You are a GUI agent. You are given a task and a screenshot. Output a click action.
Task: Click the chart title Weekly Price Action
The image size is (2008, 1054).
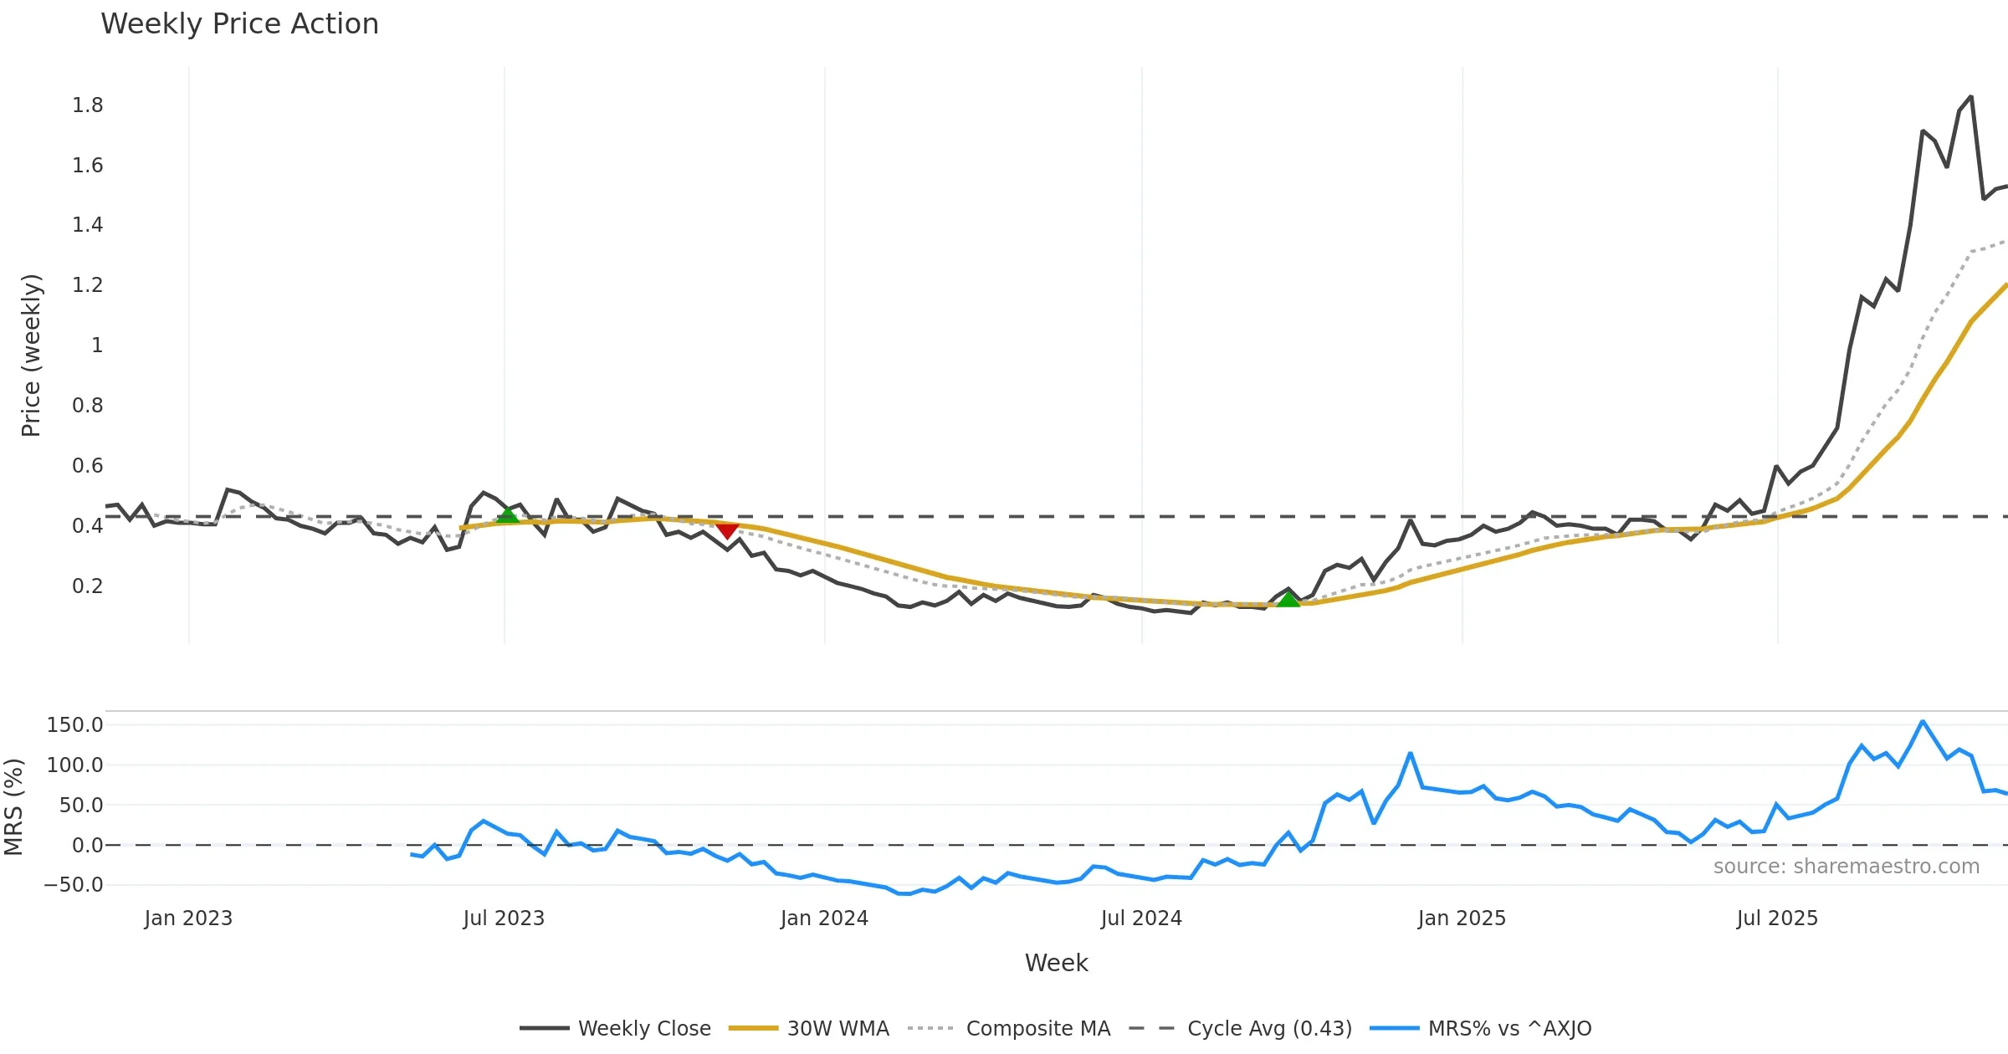point(239,24)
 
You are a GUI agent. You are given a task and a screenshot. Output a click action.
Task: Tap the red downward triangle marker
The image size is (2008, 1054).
point(727,530)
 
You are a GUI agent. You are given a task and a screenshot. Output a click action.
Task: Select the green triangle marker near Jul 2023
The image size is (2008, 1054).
point(508,515)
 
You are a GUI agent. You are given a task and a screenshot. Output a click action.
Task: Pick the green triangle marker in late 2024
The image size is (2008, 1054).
point(1288,599)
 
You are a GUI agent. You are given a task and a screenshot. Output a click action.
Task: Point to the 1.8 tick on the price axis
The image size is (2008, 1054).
point(87,105)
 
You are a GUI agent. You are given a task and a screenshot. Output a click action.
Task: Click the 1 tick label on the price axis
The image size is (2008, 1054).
point(97,345)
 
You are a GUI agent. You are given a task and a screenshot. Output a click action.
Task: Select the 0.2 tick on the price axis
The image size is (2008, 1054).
point(87,586)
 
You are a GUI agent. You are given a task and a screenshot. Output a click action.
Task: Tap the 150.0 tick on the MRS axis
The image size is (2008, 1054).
point(74,725)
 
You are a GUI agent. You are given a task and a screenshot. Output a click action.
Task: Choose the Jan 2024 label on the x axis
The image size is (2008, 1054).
point(824,918)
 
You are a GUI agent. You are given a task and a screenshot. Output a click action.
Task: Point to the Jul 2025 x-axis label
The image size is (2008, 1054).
point(1777,918)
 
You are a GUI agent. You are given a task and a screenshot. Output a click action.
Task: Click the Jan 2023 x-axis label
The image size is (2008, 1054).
point(188,918)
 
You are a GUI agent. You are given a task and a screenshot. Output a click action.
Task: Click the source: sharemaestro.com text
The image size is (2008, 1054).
point(1846,867)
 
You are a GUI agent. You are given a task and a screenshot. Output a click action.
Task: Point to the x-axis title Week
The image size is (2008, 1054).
point(1056,964)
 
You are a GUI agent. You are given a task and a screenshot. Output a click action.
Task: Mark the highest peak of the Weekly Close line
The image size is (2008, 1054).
point(1971,97)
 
